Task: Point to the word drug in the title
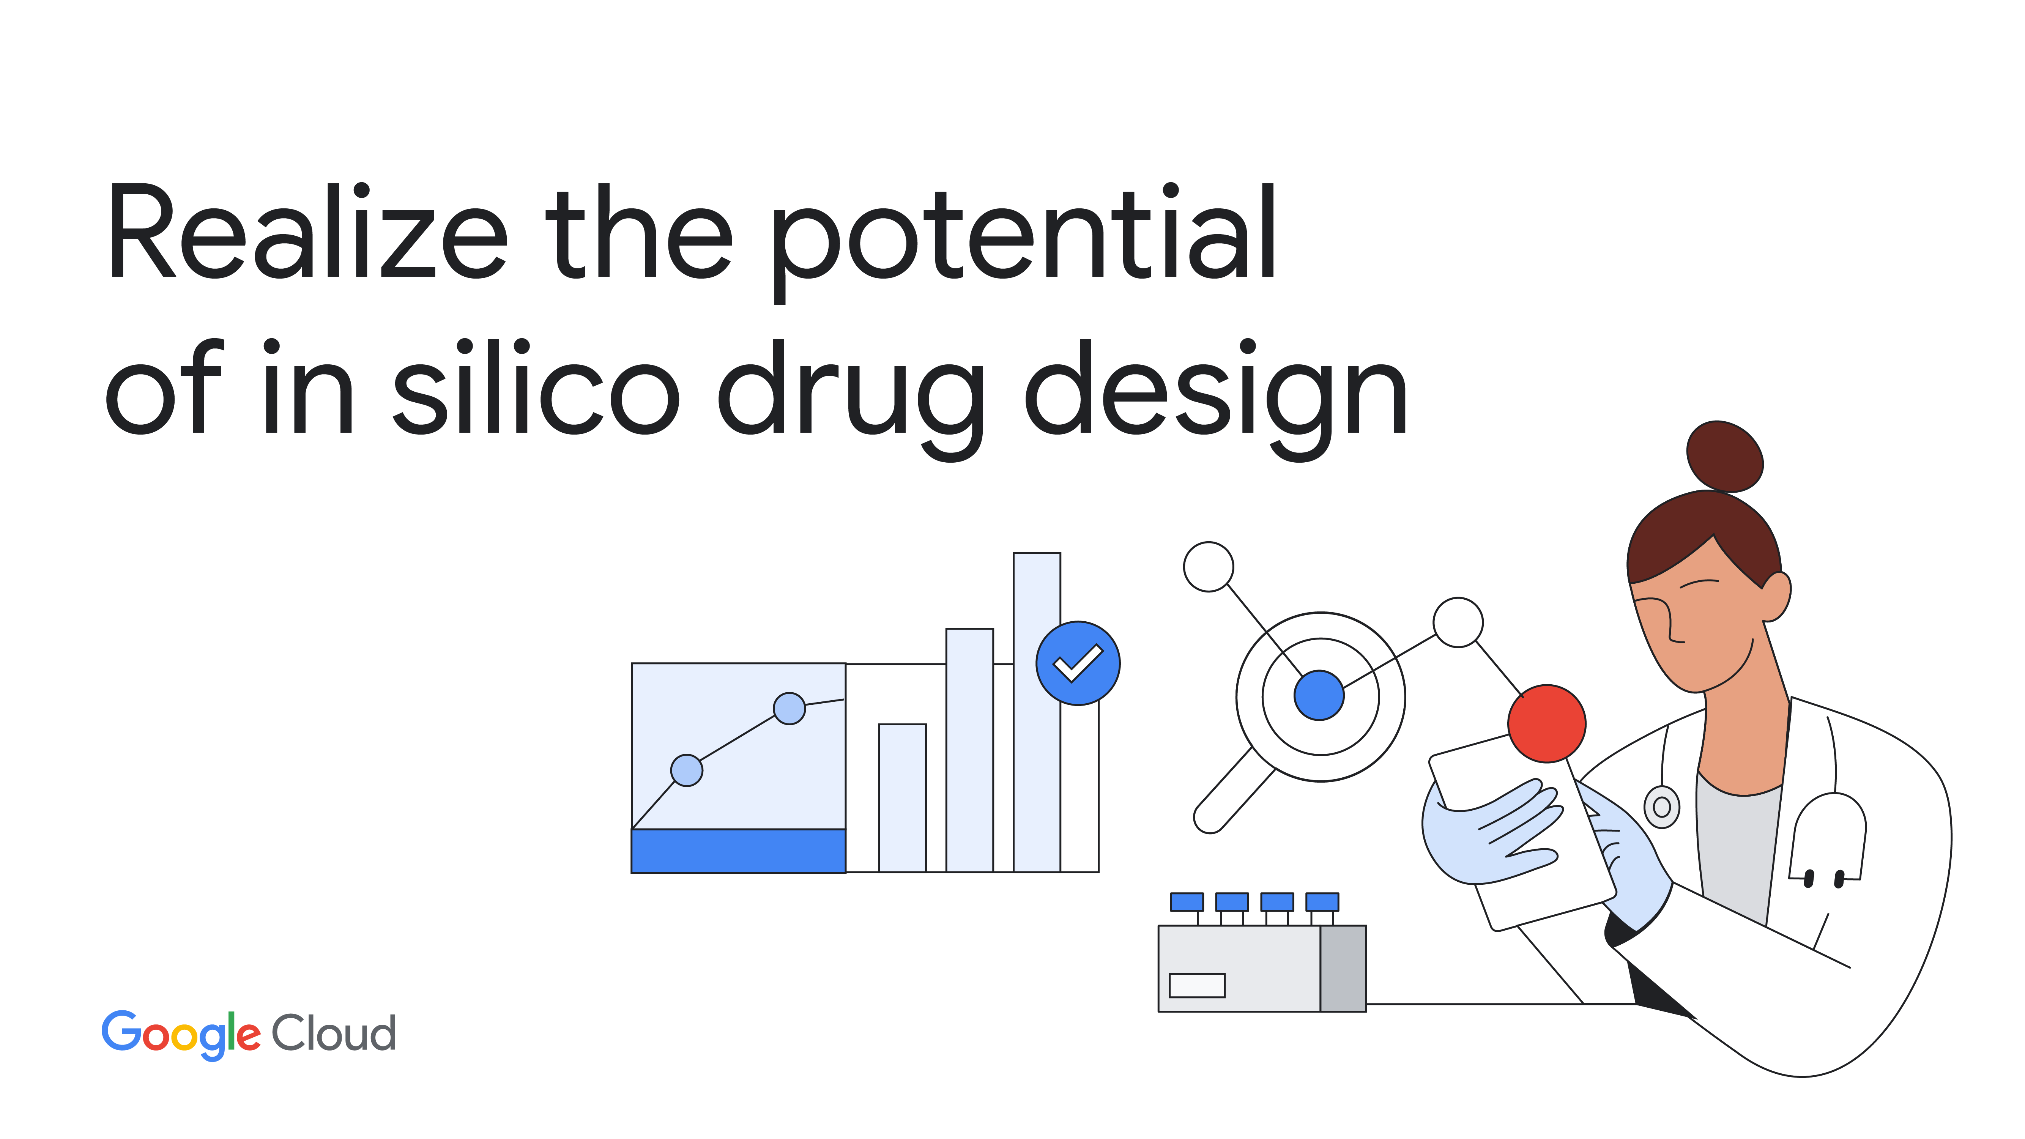[851, 399]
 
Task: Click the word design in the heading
[1216, 399]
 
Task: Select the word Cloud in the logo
[333, 1032]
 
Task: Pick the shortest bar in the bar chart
[903, 798]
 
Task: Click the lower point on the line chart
[686, 770]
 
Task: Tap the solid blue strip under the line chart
[738, 851]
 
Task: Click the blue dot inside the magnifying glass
[1319, 695]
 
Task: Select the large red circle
[1546, 723]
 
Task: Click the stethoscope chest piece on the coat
[1662, 807]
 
